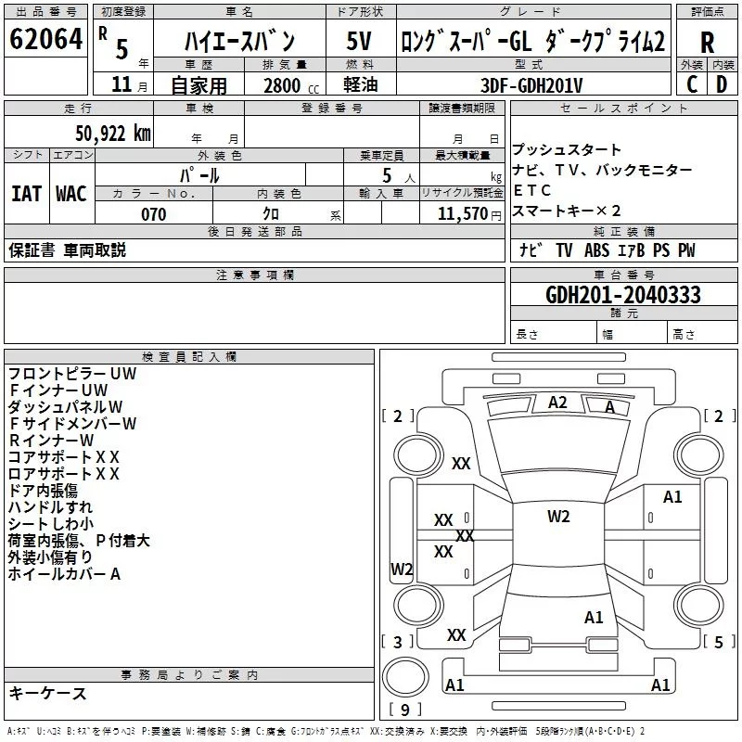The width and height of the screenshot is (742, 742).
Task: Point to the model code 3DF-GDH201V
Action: click(531, 84)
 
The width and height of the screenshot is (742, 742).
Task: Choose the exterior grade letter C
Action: click(692, 84)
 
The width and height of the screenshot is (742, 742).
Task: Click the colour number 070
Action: click(153, 214)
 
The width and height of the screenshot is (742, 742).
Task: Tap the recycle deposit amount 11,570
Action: click(462, 213)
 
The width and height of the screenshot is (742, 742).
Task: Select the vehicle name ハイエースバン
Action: click(239, 41)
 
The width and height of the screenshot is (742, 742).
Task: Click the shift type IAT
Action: click(26, 193)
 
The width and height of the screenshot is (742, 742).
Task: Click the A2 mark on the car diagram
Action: click(557, 403)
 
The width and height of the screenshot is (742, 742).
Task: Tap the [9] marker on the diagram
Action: click(404, 710)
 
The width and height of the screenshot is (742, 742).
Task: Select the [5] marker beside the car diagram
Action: click(718, 642)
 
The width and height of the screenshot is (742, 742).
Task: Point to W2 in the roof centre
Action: click(558, 517)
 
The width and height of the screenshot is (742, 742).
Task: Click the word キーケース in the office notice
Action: click(47, 694)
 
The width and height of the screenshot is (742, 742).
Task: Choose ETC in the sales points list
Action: click(532, 190)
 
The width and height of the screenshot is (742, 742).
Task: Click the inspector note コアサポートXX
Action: click(64, 456)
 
